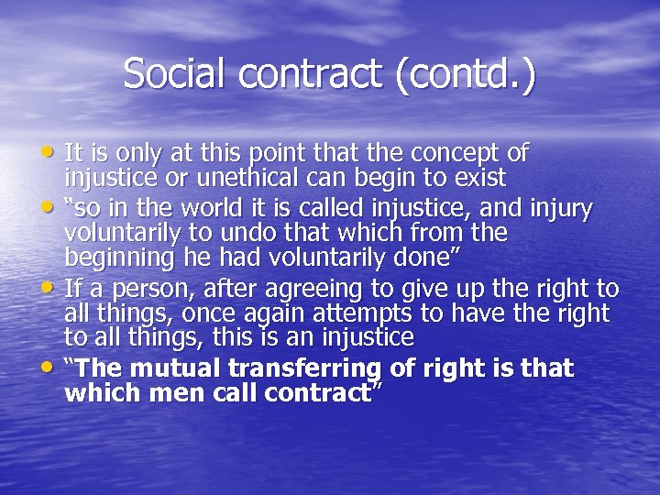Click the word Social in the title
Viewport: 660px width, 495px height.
(170, 73)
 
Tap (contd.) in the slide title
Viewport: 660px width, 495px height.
(467, 73)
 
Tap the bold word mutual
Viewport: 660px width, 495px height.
(181, 368)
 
